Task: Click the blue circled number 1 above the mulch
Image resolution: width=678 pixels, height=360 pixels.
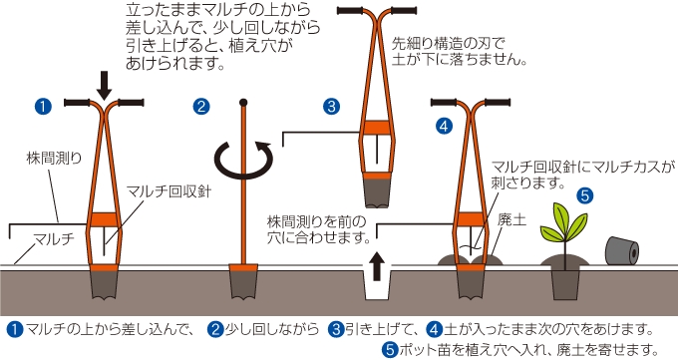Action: tap(42, 104)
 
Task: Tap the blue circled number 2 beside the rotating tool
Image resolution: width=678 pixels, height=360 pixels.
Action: tap(202, 105)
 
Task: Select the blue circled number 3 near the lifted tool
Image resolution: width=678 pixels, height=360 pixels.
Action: tap(332, 105)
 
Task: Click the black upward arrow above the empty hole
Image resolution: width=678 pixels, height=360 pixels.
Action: tap(377, 266)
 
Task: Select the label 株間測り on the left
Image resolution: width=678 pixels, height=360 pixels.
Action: tap(48, 158)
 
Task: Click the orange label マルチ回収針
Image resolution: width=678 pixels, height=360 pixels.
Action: tap(168, 190)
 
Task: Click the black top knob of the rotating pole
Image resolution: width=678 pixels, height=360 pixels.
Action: tap(242, 102)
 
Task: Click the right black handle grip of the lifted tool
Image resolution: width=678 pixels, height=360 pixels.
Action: tap(400, 12)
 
